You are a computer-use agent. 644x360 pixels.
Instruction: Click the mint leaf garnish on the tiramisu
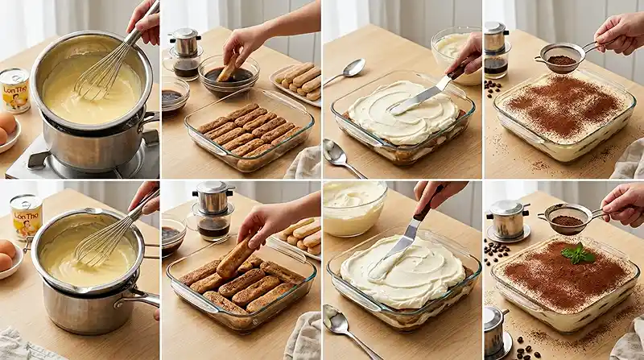point(578,254)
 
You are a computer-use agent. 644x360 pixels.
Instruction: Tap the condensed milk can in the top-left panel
point(14,90)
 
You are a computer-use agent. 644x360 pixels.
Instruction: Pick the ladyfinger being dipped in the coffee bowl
point(228,68)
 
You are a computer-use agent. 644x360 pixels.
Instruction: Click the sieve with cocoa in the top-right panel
point(561,60)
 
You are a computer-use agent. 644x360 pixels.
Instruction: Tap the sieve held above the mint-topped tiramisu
point(566,218)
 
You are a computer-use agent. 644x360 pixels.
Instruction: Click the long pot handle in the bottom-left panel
point(137,299)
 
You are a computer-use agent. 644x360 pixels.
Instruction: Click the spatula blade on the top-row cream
point(415,101)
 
